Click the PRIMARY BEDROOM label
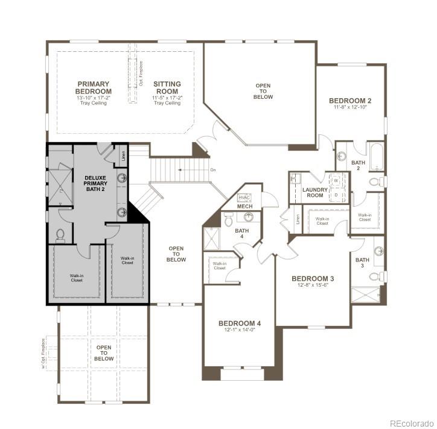93,87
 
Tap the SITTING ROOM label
167,87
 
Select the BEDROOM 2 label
350,100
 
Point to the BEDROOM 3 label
313,278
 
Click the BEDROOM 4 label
240,324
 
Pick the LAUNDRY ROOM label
316,193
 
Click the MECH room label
244,207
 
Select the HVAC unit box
244,197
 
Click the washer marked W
336,180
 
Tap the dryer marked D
336,195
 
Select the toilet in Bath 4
229,221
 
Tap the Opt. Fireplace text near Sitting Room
141,74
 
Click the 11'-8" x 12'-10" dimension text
350,107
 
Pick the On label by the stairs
213,170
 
